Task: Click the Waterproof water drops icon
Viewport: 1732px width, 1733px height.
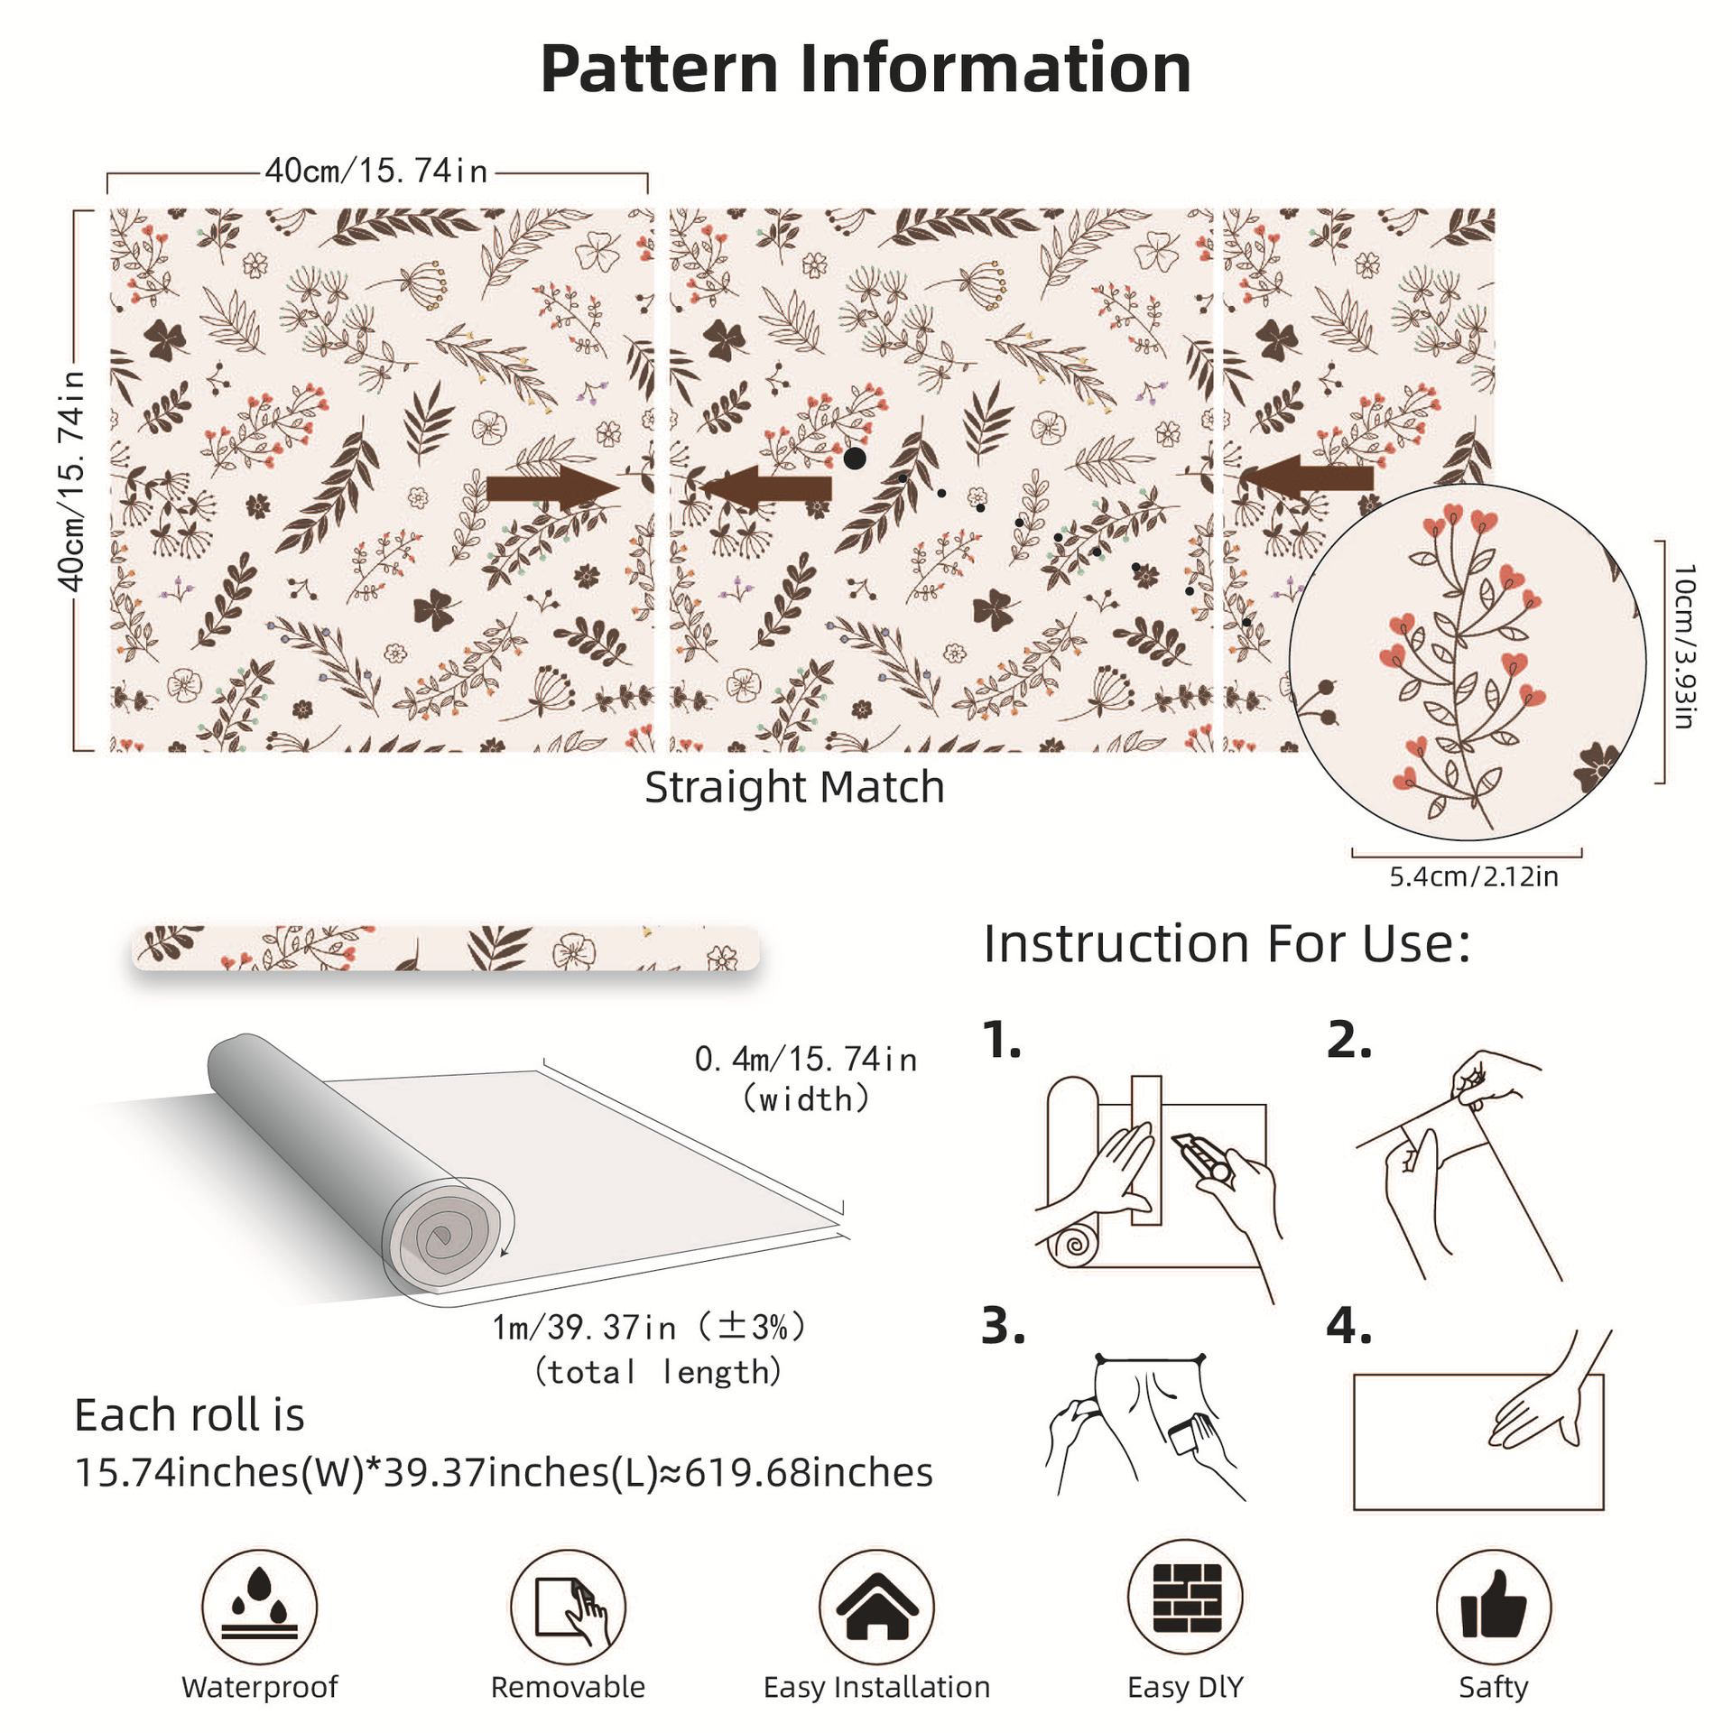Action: (259, 1607)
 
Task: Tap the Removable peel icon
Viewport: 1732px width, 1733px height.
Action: (568, 1607)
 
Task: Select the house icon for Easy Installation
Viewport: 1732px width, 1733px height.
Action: (876, 1607)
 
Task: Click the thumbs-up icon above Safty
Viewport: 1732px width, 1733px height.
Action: (1493, 1607)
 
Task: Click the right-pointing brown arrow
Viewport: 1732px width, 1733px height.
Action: (551, 488)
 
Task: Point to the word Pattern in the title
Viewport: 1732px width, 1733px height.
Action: (659, 69)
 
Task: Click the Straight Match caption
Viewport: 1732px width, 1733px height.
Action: (794, 787)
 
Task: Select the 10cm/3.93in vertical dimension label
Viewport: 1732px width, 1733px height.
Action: (1684, 645)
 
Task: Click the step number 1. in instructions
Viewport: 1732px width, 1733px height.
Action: (1002, 1040)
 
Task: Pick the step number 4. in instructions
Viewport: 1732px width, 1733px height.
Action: (1348, 1326)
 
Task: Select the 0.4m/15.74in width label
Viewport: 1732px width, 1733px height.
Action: (805, 1059)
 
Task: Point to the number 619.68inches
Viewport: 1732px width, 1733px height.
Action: (809, 1473)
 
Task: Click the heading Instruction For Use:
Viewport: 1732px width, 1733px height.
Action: (1227, 944)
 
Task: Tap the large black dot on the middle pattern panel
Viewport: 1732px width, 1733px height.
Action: (854, 459)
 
